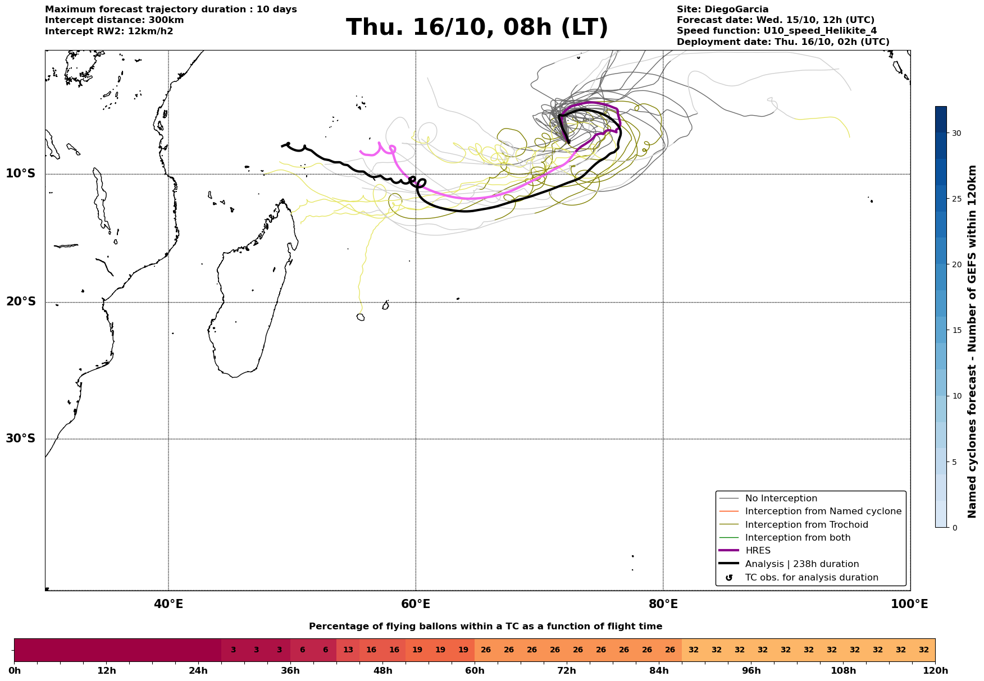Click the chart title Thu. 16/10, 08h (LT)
(x=477, y=28)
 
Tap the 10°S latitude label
(x=21, y=173)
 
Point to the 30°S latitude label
(x=21, y=438)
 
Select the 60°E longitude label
(x=416, y=604)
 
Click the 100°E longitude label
(x=910, y=604)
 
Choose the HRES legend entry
(x=758, y=551)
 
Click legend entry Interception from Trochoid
(x=806, y=525)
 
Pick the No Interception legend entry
(x=781, y=499)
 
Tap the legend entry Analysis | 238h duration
(x=801, y=564)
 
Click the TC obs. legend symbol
(x=729, y=578)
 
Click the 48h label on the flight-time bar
(x=382, y=671)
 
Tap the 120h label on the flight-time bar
(x=935, y=671)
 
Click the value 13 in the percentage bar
(x=348, y=650)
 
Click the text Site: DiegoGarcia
(x=722, y=10)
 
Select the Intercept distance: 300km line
(x=115, y=20)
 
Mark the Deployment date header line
(x=783, y=42)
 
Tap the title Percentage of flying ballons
(x=485, y=627)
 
